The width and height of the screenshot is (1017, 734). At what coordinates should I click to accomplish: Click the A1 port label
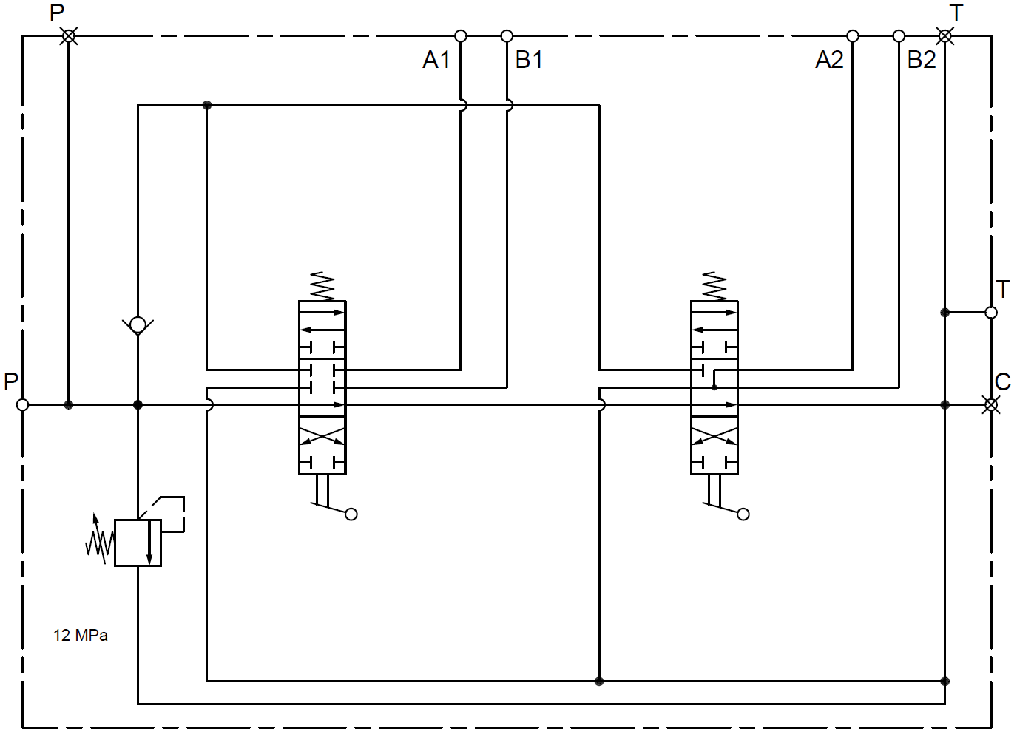(436, 60)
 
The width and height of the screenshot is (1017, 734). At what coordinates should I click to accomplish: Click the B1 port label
(529, 60)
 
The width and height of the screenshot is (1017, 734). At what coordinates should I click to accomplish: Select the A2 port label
(829, 60)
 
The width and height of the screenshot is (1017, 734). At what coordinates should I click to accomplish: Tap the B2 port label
(922, 60)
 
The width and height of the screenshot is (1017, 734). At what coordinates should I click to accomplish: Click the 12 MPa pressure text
(81, 636)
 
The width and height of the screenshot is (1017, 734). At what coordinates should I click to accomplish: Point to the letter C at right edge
(1002, 382)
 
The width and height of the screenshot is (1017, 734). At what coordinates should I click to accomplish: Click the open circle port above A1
(460, 35)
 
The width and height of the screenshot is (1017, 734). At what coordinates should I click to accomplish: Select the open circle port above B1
(507, 35)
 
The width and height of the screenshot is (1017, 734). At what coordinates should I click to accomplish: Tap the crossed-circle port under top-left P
(69, 35)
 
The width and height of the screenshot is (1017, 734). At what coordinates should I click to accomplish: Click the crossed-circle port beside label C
(990, 404)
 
